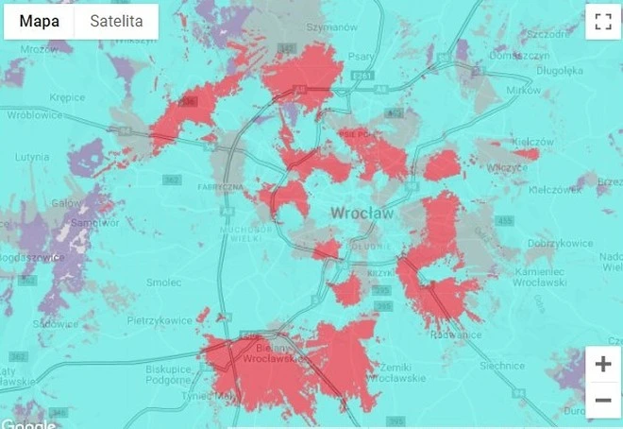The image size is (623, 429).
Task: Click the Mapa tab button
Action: (x=40, y=21)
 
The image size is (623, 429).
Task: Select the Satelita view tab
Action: (x=116, y=21)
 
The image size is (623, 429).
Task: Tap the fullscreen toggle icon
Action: (x=600, y=23)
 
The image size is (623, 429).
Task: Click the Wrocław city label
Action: (x=362, y=214)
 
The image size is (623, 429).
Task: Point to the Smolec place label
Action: (x=164, y=282)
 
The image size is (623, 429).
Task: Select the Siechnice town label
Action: (x=501, y=365)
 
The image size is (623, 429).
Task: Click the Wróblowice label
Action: (x=34, y=115)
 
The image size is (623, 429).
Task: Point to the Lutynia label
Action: (x=32, y=157)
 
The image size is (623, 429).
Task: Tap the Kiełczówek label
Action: (x=556, y=189)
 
